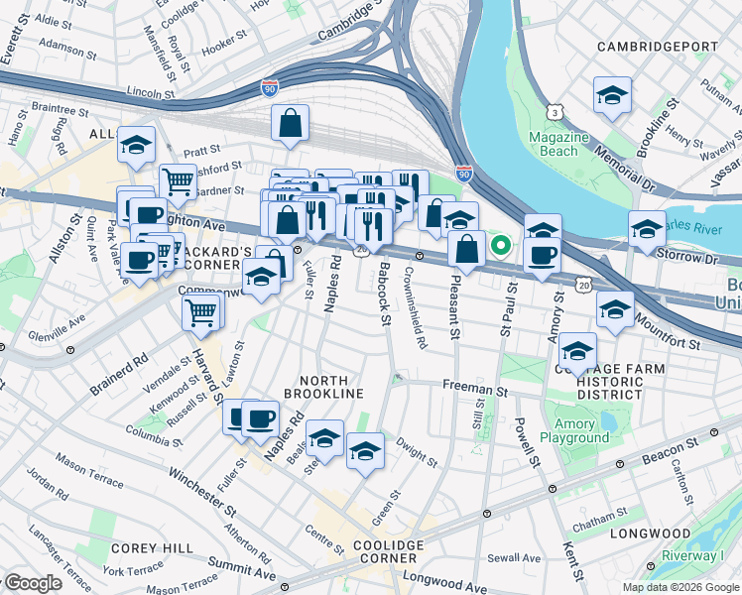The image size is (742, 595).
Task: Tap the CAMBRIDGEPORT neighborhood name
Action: (658, 47)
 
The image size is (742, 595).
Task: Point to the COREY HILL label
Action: (144, 547)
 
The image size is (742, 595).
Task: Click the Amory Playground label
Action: (574, 431)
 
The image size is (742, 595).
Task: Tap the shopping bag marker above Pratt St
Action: (290, 125)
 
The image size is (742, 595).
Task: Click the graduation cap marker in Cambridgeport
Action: (612, 97)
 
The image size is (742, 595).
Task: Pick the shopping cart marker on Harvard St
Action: (202, 312)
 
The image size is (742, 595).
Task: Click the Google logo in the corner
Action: (33, 584)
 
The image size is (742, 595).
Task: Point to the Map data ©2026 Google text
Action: (680, 587)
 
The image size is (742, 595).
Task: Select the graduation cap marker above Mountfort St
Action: (615, 310)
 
